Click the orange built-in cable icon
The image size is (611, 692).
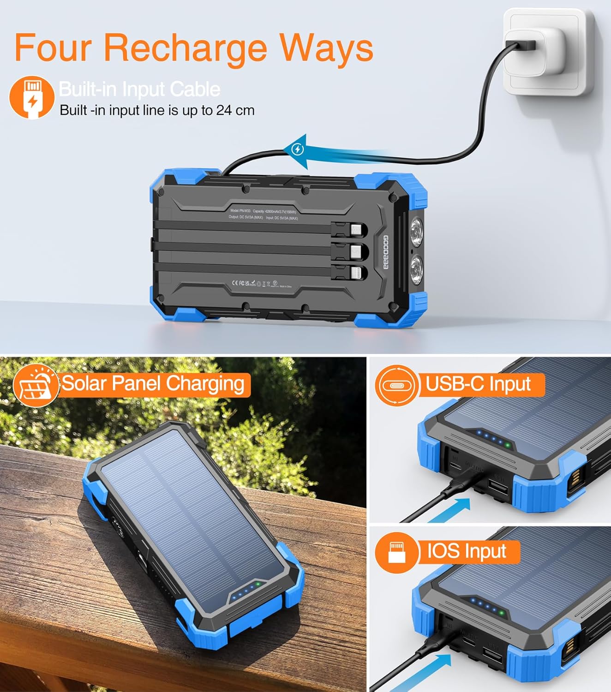click(31, 98)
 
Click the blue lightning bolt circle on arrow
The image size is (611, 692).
click(298, 149)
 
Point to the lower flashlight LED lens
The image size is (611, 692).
click(417, 267)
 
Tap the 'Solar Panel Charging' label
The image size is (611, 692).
click(153, 384)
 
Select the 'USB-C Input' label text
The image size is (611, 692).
click(478, 384)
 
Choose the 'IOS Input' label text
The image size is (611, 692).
click(467, 551)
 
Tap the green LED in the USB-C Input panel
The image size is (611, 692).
click(508, 445)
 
